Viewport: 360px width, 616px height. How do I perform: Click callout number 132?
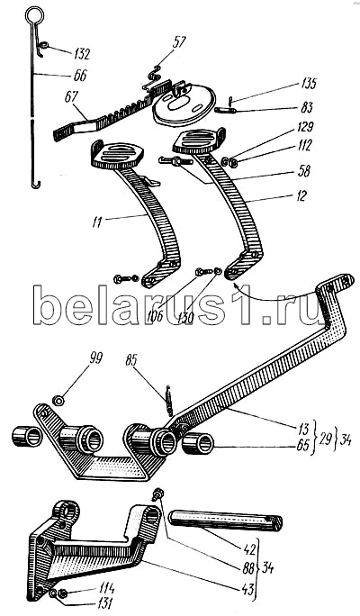pos(80,53)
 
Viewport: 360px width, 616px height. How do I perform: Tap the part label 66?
pos(79,76)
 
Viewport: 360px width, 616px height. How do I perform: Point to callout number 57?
pos(179,42)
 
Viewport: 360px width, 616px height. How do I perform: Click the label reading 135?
pos(308,84)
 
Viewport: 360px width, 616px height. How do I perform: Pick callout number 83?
pos(308,107)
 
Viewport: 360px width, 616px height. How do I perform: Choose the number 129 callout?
pos(305,128)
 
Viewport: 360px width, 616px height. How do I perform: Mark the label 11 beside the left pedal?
pos(96,222)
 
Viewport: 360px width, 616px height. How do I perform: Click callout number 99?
pos(95,358)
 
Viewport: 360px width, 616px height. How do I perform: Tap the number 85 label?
pos(132,360)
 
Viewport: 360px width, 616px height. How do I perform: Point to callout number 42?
pos(249,548)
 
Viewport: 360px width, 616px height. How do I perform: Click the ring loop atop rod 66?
pos(34,15)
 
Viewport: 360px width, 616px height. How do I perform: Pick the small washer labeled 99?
pos(59,401)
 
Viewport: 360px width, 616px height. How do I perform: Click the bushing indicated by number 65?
pos(198,444)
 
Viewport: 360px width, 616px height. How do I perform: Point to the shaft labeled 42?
pos(225,521)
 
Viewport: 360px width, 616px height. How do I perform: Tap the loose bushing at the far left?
pos(27,436)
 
